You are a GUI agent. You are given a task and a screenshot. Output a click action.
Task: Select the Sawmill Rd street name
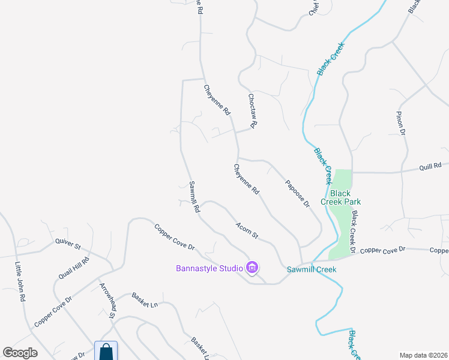click(194, 197)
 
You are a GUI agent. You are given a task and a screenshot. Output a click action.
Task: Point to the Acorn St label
click(247, 230)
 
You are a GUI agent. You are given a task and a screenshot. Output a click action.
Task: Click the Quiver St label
click(67, 244)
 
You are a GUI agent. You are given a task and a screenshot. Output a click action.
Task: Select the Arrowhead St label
click(107, 300)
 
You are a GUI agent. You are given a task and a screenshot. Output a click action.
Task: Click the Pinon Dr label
click(401, 123)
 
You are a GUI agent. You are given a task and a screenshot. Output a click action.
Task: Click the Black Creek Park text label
click(340, 197)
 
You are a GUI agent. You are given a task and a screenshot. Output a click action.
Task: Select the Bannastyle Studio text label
click(209, 268)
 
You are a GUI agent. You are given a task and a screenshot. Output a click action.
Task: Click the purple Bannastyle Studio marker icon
click(252, 268)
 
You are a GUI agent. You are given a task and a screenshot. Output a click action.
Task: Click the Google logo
click(20, 352)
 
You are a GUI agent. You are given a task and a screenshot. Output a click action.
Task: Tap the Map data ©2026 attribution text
click(423, 355)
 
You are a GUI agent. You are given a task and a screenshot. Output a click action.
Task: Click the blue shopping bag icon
click(106, 352)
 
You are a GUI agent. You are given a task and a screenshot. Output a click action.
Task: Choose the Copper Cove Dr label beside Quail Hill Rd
click(53, 311)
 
